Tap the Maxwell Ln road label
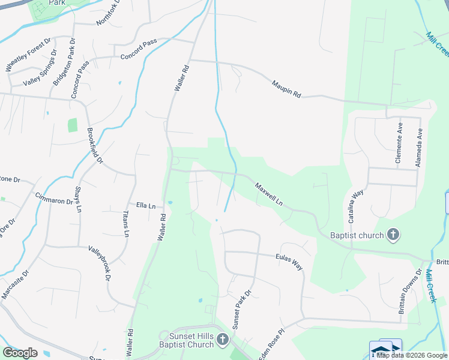[x=268, y=194]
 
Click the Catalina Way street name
[x=358, y=203]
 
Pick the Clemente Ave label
[x=399, y=144]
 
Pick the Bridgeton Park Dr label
[x=62, y=62]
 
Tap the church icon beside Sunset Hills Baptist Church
[x=223, y=340]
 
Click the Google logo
[x=20, y=352]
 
